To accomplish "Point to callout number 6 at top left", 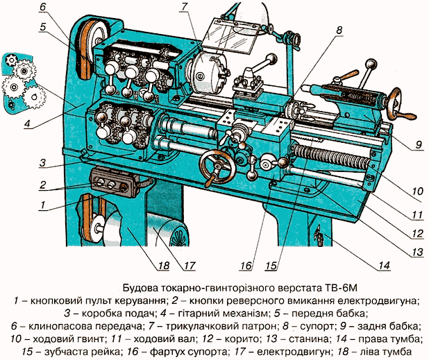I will coord(43,8).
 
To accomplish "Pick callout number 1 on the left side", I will coord(43,205).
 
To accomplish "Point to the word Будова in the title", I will coord(140,287).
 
